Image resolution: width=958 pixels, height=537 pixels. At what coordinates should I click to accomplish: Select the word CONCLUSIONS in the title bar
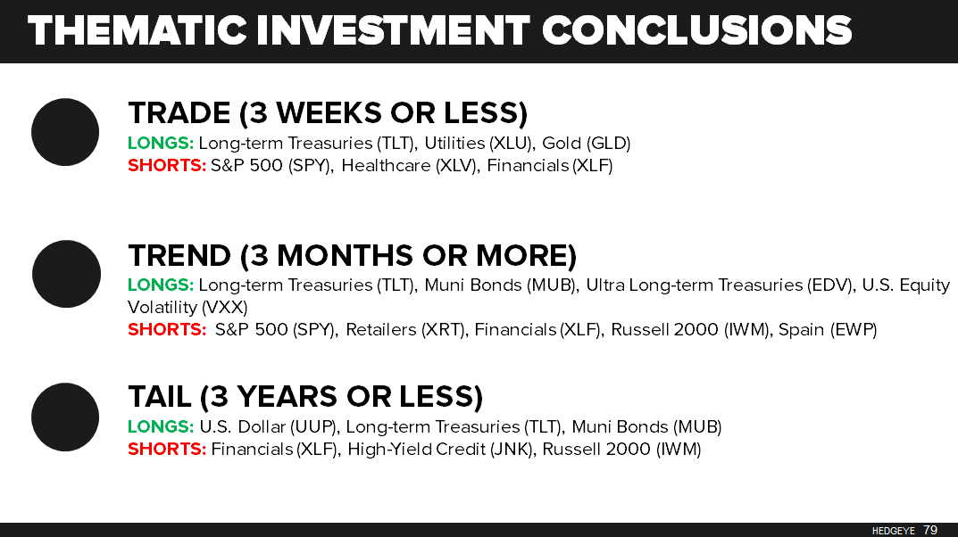coord(696,30)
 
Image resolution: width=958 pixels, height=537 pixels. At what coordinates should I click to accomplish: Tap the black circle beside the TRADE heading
coord(65,132)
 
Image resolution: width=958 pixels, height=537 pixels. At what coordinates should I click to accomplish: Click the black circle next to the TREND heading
coord(66,274)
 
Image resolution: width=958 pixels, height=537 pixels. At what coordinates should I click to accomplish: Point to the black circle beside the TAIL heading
coord(65,417)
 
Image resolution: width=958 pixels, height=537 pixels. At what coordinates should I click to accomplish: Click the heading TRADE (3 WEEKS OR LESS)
coord(328,113)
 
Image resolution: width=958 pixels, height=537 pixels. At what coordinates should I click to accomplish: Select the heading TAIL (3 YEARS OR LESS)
coord(305,397)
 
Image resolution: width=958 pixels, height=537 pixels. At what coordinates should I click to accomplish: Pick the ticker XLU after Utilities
coord(511,143)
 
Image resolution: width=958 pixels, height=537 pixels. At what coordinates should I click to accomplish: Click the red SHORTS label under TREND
coord(167,329)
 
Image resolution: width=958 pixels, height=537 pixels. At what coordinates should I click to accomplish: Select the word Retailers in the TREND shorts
coord(379,329)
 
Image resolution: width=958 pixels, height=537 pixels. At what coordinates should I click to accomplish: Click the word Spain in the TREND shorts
coord(801,329)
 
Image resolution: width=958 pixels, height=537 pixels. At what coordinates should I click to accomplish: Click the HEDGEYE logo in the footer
coord(894,531)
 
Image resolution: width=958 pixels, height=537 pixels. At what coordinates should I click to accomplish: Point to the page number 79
coord(930,530)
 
